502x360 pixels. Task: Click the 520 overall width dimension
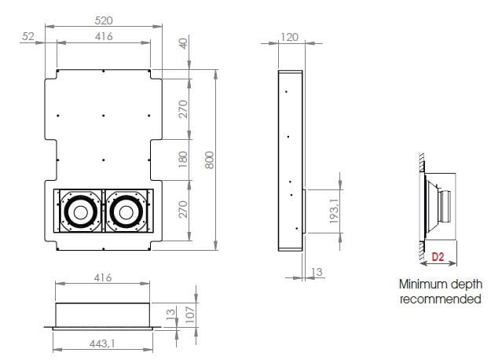(x=103, y=20)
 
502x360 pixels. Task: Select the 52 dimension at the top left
(x=29, y=36)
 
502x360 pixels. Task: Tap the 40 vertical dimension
(x=184, y=44)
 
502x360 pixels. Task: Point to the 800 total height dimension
(x=208, y=160)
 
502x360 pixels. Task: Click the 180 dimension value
(x=184, y=160)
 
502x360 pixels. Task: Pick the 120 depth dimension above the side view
(x=290, y=36)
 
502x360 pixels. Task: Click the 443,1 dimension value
(x=103, y=343)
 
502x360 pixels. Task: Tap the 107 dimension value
(x=189, y=314)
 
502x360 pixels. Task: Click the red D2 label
(x=438, y=256)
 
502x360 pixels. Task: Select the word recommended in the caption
(x=440, y=299)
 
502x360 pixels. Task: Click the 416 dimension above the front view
(x=103, y=36)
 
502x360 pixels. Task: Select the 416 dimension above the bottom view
(x=103, y=277)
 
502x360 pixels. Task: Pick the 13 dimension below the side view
(x=317, y=272)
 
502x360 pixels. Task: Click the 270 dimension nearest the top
(x=184, y=108)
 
